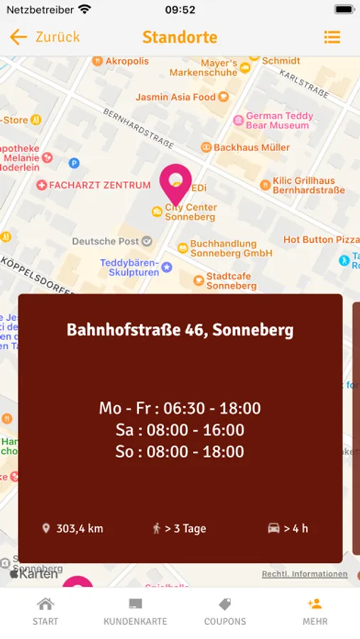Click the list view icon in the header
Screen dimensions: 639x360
(332, 37)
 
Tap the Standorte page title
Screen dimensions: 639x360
(180, 37)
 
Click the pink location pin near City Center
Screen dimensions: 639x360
(175, 183)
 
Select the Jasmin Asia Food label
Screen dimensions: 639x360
(175, 97)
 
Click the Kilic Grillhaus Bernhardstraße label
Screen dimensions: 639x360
(308, 185)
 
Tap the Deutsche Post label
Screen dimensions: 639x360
(106, 241)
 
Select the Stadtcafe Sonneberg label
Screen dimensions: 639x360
(231, 280)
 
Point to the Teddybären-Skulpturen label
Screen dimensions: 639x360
(129, 268)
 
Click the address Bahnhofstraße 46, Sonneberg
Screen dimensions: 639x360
(180, 330)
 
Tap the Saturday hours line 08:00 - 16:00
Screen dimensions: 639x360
(180, 430)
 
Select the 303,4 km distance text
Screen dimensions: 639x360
(80, 528)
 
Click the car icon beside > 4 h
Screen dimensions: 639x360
(273, 528)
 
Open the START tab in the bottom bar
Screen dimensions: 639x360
(45, 611)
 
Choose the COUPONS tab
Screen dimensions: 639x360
(225, 611)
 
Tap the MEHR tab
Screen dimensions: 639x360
(315, 611)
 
